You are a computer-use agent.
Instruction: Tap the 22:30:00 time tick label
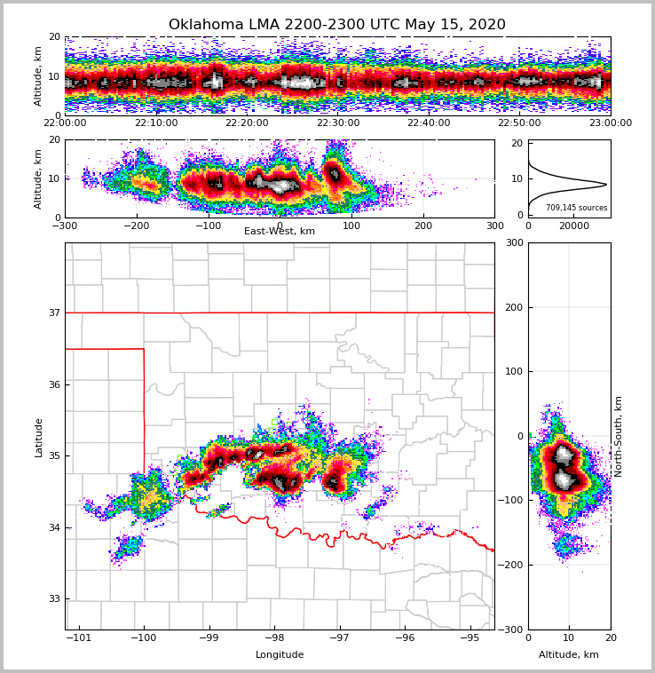[x=337, y=123]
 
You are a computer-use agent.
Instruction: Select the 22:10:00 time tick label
[x=155, y=123]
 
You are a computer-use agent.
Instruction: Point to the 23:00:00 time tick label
[x=610, y=123]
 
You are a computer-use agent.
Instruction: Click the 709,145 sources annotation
[x=576, y=208]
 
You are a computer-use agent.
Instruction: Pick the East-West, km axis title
[x=280, y=232]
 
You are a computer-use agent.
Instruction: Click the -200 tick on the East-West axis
[x=136, y=226]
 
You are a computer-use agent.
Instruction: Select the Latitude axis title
[x=39, y=437]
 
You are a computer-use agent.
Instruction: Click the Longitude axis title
[x=280, y=655]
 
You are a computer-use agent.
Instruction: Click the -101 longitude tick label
[x=79, y=637]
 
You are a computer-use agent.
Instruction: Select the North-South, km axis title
[x=619, y=436]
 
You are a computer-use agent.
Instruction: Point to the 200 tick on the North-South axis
[x=514, y=307]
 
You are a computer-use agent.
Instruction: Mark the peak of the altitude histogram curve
[x=606, y=185]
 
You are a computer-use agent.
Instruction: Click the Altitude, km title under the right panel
[x=569, y=655]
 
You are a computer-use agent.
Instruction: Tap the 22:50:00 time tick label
[x=519, y=123]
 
